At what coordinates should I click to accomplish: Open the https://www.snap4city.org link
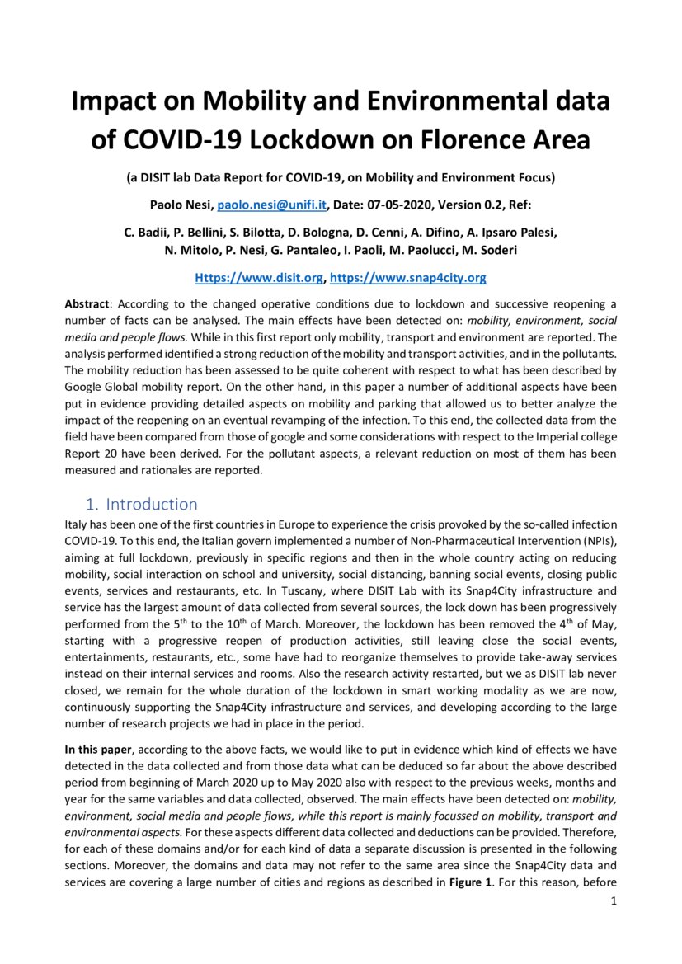point(407,278)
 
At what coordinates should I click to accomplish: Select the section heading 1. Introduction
point(142,504)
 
